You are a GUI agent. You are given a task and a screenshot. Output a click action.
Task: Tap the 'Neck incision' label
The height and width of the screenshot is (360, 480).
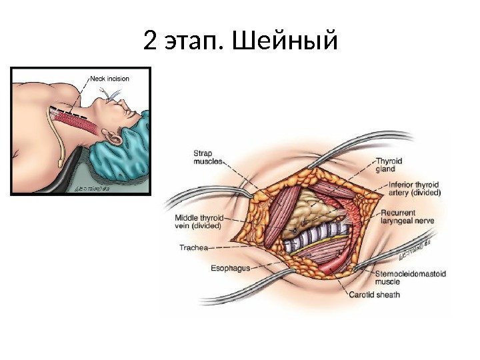tap(109, 78)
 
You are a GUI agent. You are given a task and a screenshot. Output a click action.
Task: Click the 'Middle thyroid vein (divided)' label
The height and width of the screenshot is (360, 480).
tap(199, 222)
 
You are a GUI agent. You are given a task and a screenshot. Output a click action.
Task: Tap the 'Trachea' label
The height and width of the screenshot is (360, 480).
tap(193, 247)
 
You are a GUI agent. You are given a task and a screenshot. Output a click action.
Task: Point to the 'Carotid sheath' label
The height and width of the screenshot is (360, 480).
tap(374, 294)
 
